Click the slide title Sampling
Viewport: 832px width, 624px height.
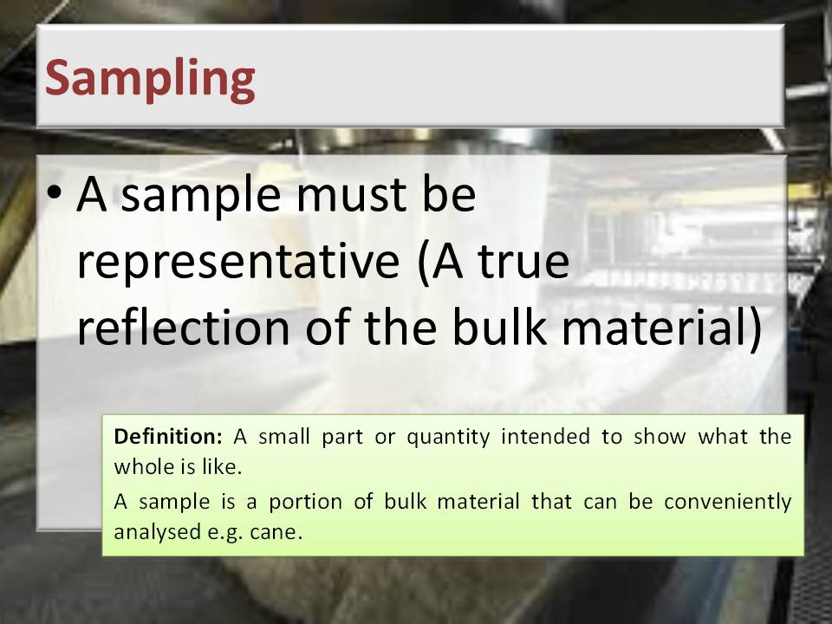click(x=150, y=80)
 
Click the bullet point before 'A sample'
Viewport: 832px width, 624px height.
click(x=54, y=193)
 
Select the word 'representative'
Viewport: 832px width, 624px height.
click(x=238, y=261)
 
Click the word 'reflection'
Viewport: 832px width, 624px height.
click(x=184, y=327)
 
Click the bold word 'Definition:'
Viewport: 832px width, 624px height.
click(x=167, y=437)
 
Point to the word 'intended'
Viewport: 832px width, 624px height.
click(x=545, y=437)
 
